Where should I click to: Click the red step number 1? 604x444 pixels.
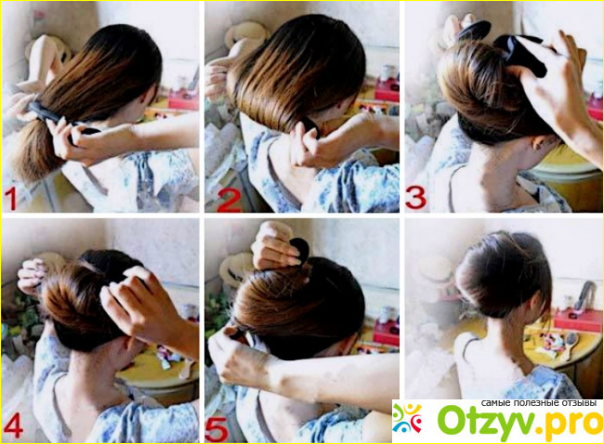tap(11, 198)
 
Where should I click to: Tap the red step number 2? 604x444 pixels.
tap(229, 199)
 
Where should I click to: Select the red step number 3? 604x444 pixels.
tap(415, 198)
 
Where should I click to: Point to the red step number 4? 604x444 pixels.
tap(13, 427)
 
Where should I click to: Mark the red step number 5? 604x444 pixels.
tap(217, 428)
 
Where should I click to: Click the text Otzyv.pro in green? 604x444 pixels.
tap(520, 424)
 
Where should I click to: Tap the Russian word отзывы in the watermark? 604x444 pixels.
tap(577, 403)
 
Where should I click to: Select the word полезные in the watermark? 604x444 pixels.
tap(536, 403)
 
